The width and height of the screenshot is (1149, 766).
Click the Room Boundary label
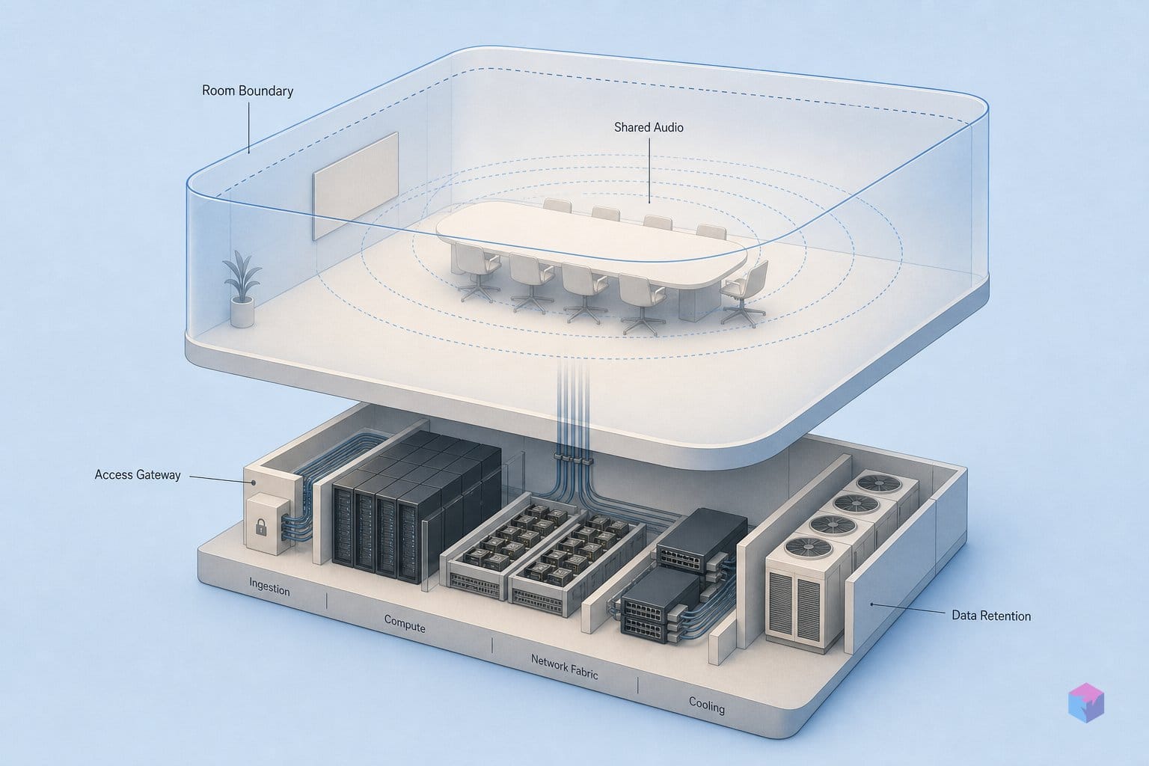[248, 91]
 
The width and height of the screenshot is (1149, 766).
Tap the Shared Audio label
[649, 127]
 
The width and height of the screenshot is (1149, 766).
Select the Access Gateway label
[138, 474]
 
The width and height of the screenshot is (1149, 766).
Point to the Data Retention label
[991, 616]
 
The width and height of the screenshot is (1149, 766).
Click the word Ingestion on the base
[269, 586]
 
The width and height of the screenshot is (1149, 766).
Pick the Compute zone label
[405, 623]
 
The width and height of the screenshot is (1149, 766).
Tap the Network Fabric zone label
[564, 667]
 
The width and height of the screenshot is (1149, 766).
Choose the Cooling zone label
[706, 705]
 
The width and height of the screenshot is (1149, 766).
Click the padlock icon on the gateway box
[260, 527]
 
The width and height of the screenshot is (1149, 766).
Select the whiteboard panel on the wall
[355, 186]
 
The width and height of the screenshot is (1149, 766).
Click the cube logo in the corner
[1086, 702]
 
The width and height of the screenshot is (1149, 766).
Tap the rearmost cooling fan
[879, 483]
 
